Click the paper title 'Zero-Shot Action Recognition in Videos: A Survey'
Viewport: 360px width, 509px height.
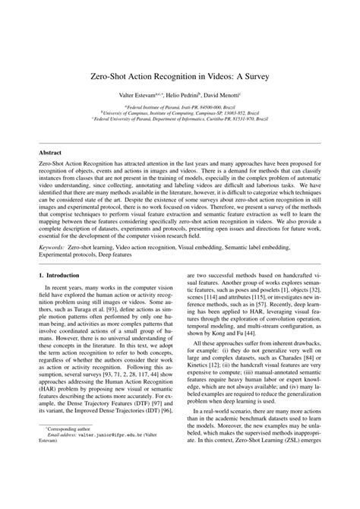click(x=180, y=78)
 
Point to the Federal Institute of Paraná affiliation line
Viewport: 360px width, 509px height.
click(x=179, y=109)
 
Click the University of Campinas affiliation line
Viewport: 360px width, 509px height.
click(x=180, y=115)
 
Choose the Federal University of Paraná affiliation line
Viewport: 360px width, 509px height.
click(x=180, y=120)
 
